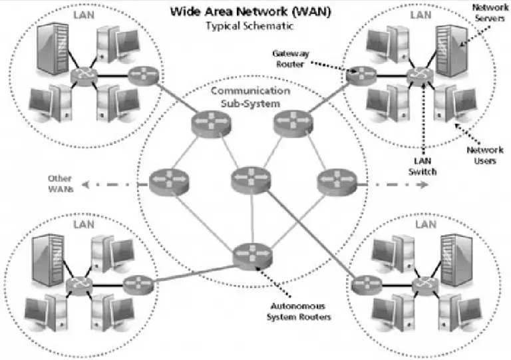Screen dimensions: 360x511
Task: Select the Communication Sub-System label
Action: (250, 96)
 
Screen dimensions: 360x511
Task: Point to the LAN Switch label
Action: (420, 166)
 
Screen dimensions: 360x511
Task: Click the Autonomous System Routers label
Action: (299, 311)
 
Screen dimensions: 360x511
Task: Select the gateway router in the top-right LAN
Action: (361, 75)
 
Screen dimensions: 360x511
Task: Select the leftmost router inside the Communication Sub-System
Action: (164, 180)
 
